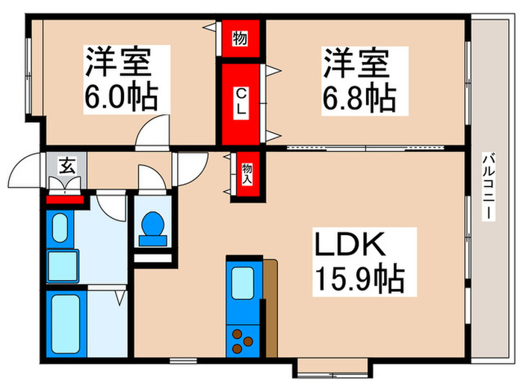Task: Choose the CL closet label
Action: (x=241, y=103)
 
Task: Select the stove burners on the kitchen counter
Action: (x=243, y=340)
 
